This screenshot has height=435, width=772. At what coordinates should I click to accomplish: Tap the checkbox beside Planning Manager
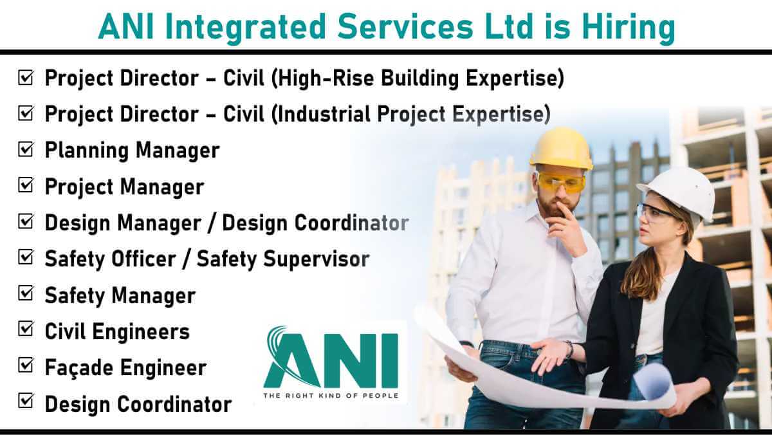point(26,149)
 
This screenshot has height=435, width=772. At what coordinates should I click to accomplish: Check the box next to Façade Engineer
point(26,365)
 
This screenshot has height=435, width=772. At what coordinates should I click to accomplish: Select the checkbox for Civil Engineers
point(26,329)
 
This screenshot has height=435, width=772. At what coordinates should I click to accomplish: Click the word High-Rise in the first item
point(326,78)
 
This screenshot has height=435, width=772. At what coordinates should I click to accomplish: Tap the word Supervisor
point(316,259)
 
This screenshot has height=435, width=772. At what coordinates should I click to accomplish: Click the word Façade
point(79,368)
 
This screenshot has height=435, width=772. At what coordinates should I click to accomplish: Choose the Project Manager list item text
point(124,187)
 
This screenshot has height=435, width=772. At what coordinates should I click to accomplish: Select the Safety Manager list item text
point(120,295)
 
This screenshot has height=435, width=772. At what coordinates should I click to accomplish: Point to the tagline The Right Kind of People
point(331,395)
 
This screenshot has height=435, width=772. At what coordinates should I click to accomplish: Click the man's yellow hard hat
point(562,149)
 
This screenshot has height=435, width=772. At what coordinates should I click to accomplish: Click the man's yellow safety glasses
point(560,182)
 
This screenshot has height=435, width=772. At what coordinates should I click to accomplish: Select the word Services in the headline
point(405,27)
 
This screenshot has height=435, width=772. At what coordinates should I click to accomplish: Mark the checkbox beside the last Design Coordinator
point(26,400)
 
